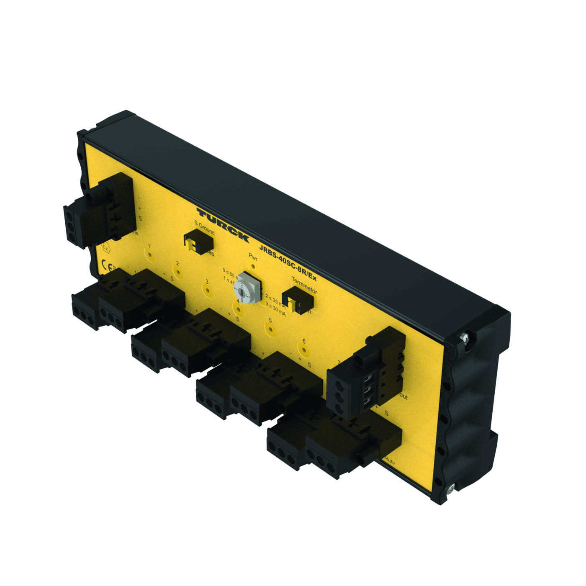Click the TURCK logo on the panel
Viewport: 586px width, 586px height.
[x=223, y=224]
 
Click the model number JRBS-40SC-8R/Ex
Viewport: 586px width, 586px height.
[x=288, y=263]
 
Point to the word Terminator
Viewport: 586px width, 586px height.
[x=304, y=285]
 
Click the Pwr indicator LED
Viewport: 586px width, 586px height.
[x=253, y=265]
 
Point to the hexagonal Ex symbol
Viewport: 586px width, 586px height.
[x=106, y=248]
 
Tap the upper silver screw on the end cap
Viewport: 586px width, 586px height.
[x=464, y=337]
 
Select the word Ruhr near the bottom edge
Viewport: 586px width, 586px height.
[x=389, y=461]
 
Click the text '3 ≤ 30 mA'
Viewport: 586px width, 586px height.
[x=275, y=309]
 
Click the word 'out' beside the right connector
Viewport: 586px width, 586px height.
[x=403, y=396]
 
